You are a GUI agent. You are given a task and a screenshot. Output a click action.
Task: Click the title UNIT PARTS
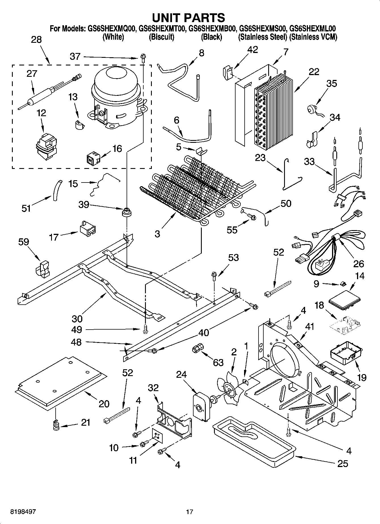coord(188,18)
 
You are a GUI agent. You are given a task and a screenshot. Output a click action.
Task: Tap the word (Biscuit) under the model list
coord(161,37)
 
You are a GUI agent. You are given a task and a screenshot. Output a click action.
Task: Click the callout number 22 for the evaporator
coord(314,72)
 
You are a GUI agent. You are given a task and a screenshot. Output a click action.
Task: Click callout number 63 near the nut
coord(218,362)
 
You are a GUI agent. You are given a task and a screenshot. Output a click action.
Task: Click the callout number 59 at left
coord(24,242)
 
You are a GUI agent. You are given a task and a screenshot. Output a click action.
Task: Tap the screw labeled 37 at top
coord(142,59)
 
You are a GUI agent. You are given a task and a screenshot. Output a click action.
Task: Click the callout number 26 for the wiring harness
coord(358,264)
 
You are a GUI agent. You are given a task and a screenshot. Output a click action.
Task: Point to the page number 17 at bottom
coord(190,512)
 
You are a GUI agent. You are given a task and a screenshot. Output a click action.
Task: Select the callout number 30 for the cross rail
coord(77,319)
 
